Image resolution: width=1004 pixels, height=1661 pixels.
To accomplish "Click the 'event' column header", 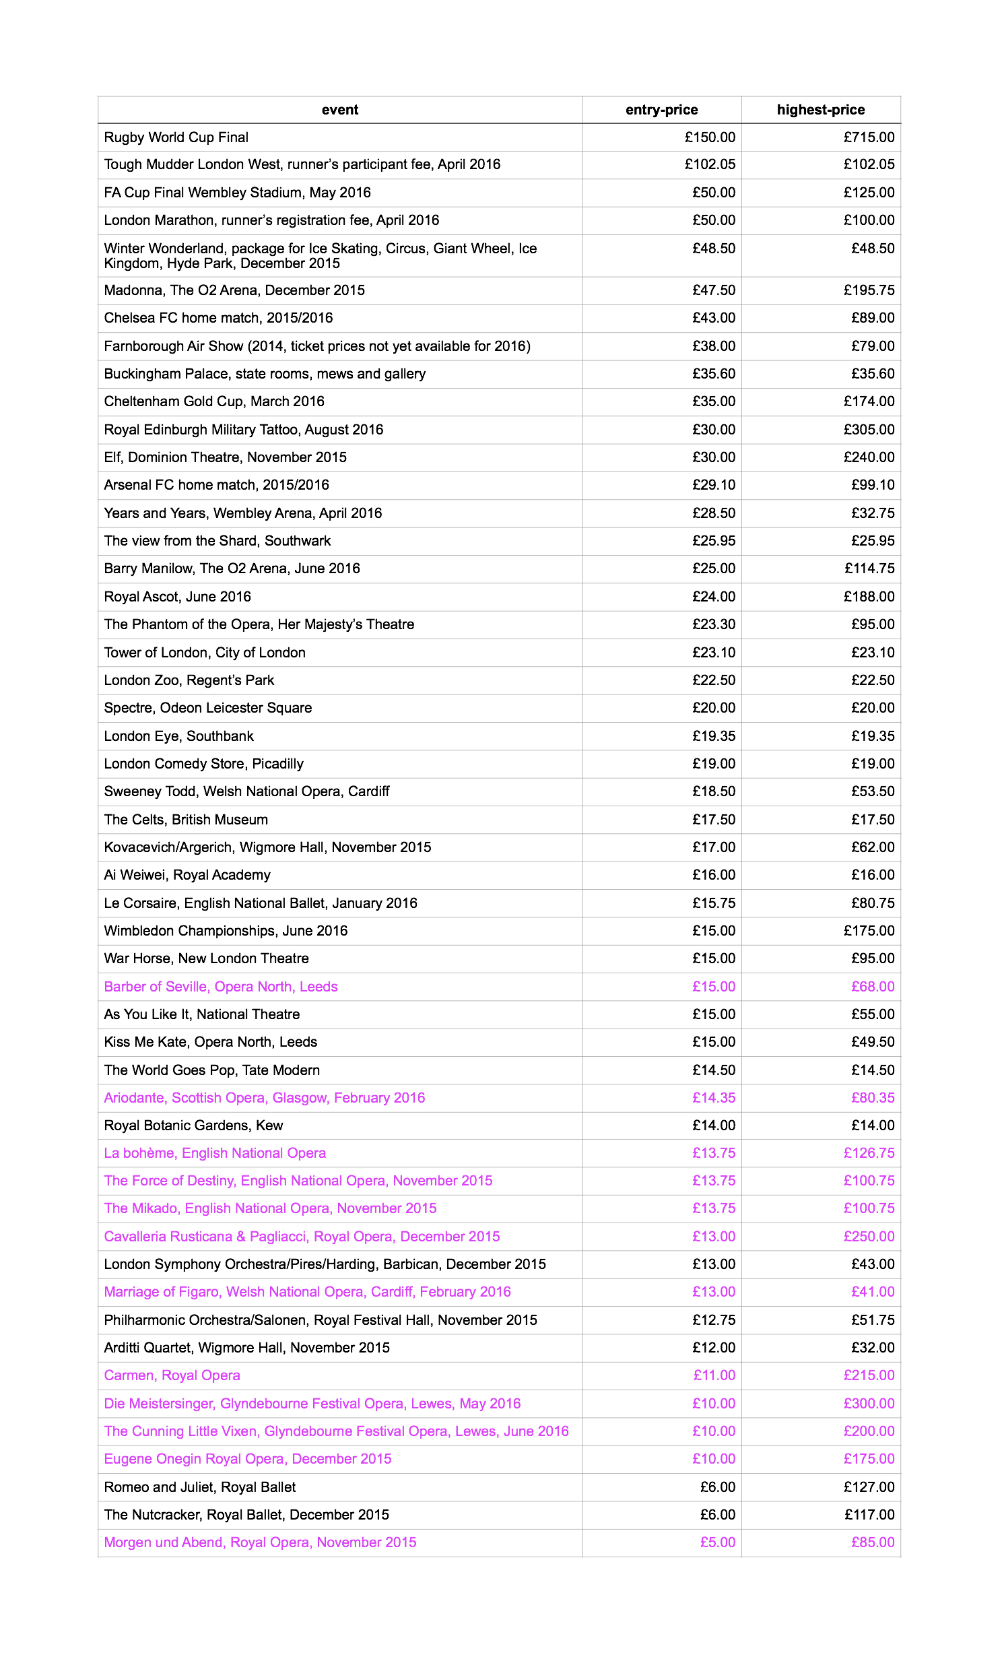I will click(x=339, y=110).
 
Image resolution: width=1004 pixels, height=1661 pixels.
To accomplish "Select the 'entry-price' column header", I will click(x=661, y=110).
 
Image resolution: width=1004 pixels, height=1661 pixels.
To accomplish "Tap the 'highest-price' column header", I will click(x=820, y=110).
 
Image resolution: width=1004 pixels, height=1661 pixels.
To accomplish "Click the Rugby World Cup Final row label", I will click(x=176, y=137).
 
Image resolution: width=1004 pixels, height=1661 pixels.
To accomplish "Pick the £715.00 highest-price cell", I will click(x=869, y=137).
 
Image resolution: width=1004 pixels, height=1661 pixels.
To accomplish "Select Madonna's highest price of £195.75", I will click(x=869, y=290).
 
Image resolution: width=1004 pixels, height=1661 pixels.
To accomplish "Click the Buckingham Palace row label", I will click(x=264, y=374).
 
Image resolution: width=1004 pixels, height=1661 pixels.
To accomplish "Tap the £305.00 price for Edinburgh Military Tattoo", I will click(x=869, y=430).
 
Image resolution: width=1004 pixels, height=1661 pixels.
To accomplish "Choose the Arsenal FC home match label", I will click(x=216, y=486).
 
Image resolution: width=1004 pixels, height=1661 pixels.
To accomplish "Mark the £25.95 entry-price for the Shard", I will click(x=714, y=542).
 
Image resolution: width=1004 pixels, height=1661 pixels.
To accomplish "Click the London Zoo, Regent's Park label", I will click(x=189, y=681).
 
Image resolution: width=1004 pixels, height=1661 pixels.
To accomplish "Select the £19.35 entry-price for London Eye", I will click(x=714, y=737).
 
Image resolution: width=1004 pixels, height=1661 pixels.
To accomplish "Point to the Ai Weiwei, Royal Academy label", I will click(x=187, y=876).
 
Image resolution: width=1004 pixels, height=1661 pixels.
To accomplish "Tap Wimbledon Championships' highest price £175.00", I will click(x=869, y=932).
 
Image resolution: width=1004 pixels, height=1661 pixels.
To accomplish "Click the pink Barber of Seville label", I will click(x=220, y=987).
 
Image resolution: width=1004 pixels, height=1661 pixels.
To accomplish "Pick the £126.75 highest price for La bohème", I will click(x=869, y=1154).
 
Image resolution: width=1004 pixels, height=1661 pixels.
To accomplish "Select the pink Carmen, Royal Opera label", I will click(x=172, y=1377).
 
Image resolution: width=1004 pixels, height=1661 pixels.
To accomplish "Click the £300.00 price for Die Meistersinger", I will click(x=869, y=1405).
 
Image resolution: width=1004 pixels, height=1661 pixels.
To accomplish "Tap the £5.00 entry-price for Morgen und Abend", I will click(x=718, y=1544).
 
